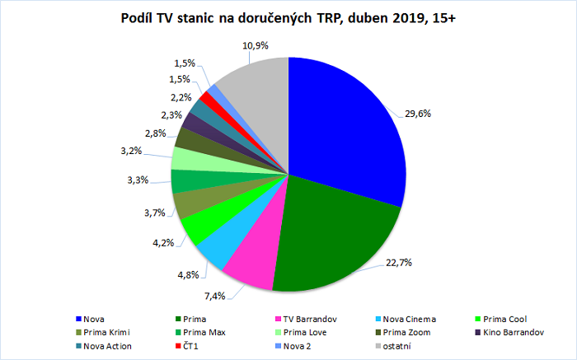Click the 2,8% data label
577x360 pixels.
click(155, 133)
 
